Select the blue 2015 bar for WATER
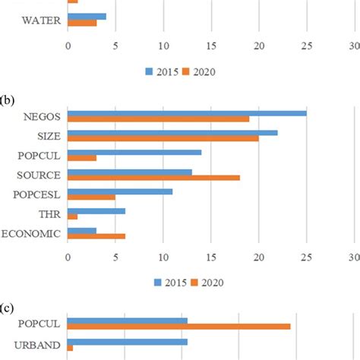pyautogui.click(x=87, y=16)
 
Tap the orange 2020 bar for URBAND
pyautogui.click(x=71, y=348)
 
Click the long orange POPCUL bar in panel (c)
pyautogui.click(x=179, y=327)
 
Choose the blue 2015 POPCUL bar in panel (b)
pyautogui.click(x=134, y=152)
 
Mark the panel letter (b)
pyautogui.click(x=11, y=99)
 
